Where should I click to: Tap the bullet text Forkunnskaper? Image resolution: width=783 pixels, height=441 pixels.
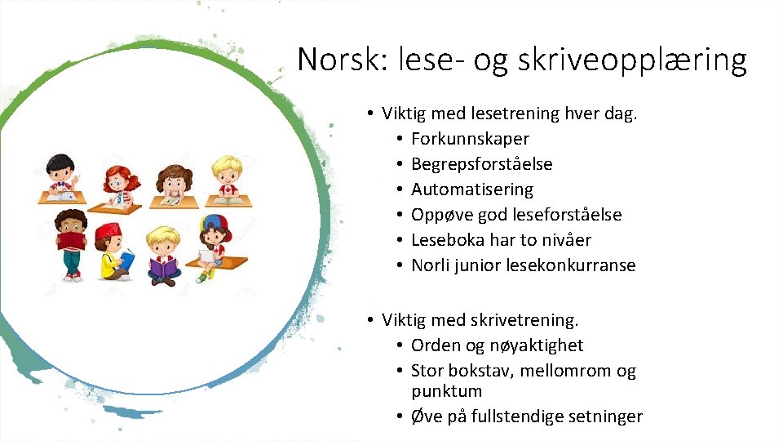tap(470, 139)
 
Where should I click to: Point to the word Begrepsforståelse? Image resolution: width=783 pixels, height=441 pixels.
tap(481, 164)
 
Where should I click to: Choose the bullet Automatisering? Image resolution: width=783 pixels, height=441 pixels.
tap(471, 189)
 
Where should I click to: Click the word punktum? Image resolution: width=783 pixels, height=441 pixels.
tap(446, 391)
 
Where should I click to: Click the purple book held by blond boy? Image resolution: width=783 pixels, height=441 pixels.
tap(163, 267)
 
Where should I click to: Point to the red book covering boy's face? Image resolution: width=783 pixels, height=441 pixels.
tap(73, 240)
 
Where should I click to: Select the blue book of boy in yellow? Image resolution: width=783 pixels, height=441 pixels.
tap(126, 261)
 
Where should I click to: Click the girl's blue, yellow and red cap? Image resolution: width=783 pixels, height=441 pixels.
tap(214, 225)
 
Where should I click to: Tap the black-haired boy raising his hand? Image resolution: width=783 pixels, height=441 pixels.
tap(62, 173)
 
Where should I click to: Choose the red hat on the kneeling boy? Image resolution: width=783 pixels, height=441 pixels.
tap(108, 232)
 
